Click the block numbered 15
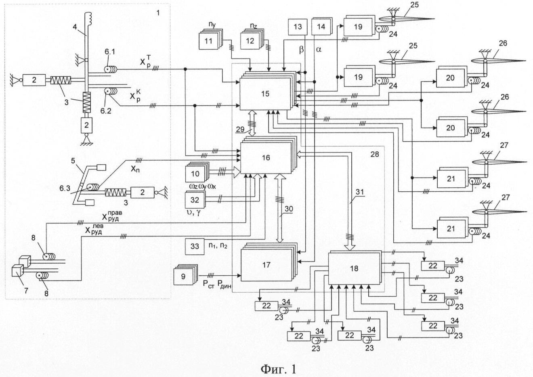click(x=265, y=94)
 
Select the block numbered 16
click(x=265, y=158)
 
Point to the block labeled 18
click(x=353, y=268)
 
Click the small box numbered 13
click(x=298, y=27)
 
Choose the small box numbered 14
click(x=321, y=27)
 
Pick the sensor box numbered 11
click(x=208, y=41)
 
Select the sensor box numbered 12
click(x=250, y=41)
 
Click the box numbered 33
click(x=195, y=246)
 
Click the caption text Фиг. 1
click(x=278, y=368)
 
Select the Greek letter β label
click(x=300, y=49)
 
